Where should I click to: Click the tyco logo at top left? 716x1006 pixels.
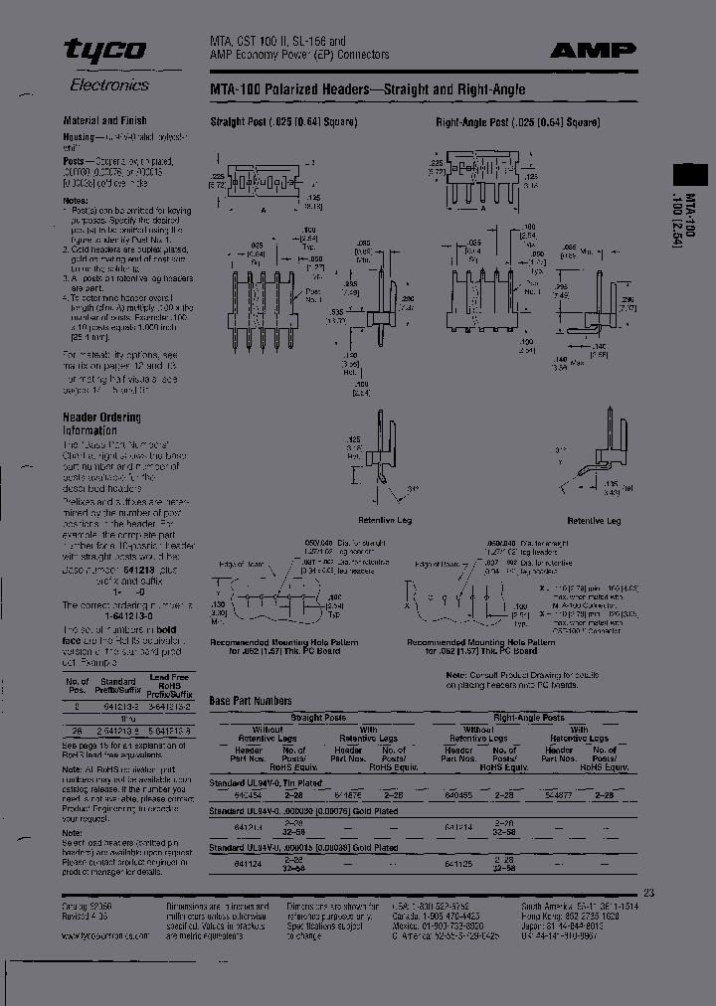[x=104, y=51]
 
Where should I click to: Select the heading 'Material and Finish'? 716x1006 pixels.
[x=105, y=120]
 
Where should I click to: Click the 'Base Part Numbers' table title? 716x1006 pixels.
[x=251, y=701]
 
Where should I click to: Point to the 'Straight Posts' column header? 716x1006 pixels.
[x=318, y=717]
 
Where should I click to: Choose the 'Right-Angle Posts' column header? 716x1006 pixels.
[x=528, y=717]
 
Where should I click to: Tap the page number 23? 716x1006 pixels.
[x=649, y=892]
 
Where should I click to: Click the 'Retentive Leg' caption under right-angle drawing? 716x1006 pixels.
[x=594, y=520]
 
